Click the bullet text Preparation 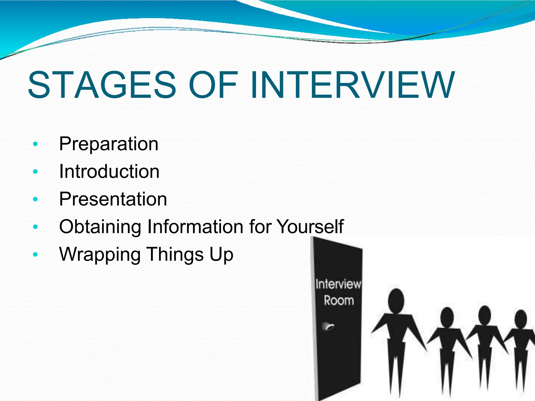pos(109,144)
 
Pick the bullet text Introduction pos(109,172)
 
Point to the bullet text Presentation pos(113,199)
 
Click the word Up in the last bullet pos(221,255)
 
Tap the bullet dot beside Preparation pos(36,144)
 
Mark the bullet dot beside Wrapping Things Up pos(36,254)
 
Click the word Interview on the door pos(338,284)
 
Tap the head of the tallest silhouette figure pos(396,301)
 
